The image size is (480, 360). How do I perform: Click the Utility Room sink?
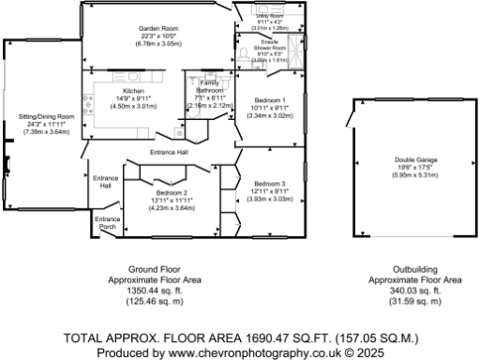(262, 12)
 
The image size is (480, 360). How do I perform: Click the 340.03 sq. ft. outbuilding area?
(413, 291)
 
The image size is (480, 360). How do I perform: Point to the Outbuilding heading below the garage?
(413, 270)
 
